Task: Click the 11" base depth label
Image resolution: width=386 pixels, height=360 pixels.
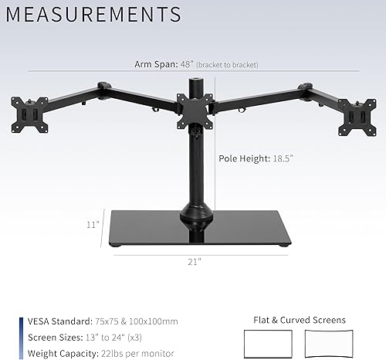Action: (x=93, y=225)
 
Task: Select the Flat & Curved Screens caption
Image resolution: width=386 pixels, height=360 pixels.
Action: (x=299, y=319)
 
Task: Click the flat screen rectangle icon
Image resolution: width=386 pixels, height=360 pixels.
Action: (x=268, y=342)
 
